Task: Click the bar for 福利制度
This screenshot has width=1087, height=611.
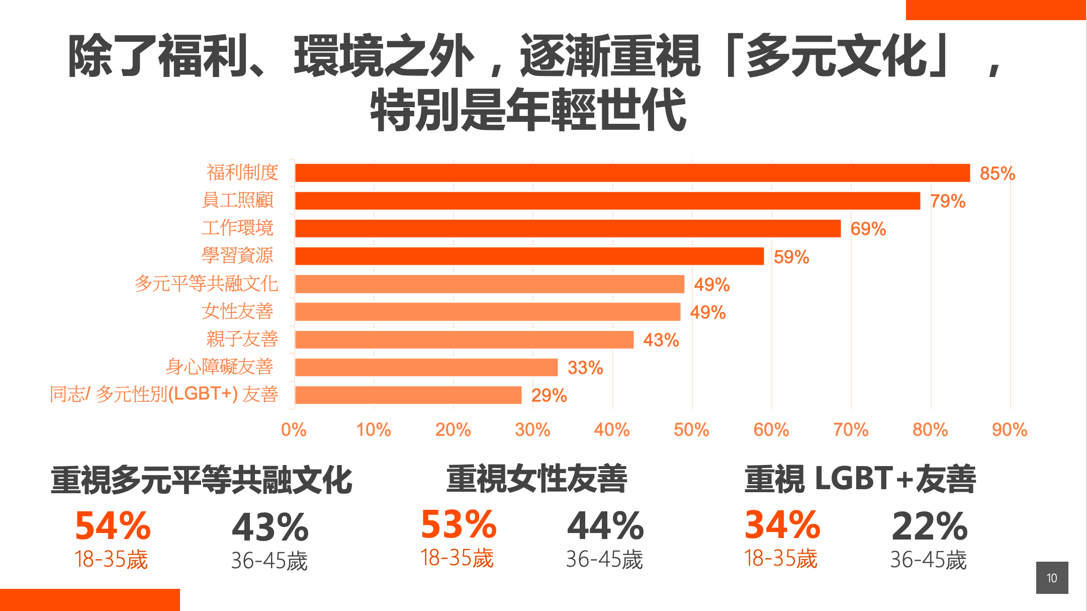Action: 632,173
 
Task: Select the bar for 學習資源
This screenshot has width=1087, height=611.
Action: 529,256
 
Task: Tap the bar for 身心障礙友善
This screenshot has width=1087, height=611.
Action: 426,367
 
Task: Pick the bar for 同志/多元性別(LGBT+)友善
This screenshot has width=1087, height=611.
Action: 408,395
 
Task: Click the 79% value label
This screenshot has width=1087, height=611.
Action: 948,201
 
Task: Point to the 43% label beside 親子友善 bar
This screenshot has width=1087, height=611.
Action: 661,340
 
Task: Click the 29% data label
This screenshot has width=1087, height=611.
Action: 549,396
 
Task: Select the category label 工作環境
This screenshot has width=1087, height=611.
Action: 237,228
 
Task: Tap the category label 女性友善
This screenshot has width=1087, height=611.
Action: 237,312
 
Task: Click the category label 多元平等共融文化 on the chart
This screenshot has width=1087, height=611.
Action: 206,284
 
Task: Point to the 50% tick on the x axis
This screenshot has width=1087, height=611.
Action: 691,430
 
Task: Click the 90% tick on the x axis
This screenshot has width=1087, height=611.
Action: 1009,430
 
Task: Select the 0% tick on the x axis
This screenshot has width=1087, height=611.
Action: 294,430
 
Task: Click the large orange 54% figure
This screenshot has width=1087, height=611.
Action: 113,526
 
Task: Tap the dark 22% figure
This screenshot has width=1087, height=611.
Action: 929,526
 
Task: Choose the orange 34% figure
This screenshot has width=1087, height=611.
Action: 782,525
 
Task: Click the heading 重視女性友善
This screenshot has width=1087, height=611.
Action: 536,479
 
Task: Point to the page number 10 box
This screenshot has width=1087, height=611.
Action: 1052,578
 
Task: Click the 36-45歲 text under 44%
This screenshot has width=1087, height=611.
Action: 604,560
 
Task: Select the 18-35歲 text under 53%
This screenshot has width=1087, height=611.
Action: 457,558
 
